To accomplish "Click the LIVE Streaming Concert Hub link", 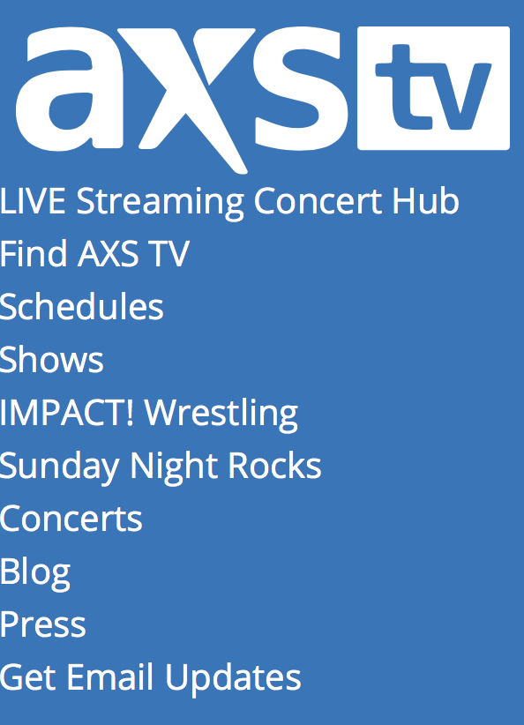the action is point(229,202).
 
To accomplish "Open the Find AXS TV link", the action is point(94,253).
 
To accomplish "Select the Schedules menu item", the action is point(82,306).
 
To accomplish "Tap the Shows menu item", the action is point(52,359).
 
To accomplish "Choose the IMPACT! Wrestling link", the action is point(149,414).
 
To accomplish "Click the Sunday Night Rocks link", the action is point(161,467).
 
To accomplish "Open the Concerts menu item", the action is point(71,519).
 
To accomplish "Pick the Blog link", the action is point(35,573).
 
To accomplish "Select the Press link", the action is point(43,624).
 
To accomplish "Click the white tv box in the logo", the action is point(433,88).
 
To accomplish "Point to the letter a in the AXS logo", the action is point(70,89).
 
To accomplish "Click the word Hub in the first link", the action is point(425,201).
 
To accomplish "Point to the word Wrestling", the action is point(221,414).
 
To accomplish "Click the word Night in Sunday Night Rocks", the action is point(175,467).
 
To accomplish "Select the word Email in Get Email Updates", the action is point(110,676).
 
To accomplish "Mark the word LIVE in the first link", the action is point(33,201).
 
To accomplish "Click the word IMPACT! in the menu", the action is point(67,412).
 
